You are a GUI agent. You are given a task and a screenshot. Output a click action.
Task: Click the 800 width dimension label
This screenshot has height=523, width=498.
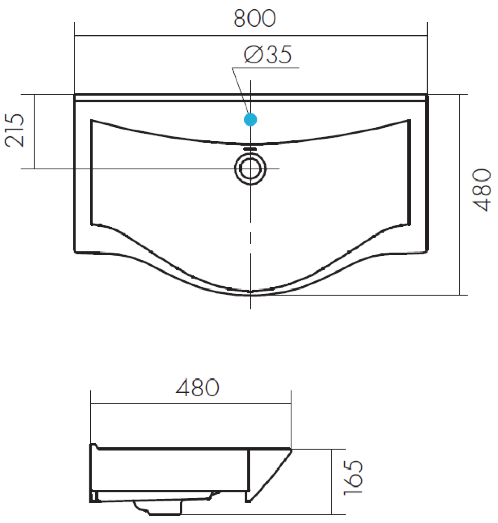255,19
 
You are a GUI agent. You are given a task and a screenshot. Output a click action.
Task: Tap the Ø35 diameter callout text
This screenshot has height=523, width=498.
268,55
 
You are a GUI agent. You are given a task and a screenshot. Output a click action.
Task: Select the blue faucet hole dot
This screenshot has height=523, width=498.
251,119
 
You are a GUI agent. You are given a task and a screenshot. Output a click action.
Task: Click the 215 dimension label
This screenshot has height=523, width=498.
15,130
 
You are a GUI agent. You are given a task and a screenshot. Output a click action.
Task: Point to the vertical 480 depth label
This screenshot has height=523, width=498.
483,190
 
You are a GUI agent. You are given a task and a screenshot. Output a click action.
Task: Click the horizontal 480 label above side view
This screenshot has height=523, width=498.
198,388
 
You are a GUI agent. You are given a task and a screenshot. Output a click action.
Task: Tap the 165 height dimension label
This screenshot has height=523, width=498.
353,477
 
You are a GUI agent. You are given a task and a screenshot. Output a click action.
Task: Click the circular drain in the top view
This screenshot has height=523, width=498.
251,168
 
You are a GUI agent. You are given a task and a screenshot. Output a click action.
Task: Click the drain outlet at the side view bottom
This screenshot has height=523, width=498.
157,508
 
